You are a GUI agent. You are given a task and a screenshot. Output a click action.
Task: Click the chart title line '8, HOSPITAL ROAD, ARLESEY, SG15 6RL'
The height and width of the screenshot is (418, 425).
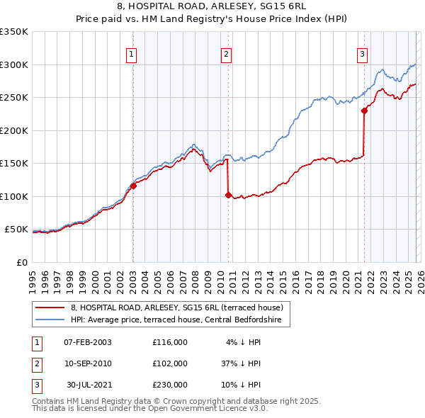pos(212,8)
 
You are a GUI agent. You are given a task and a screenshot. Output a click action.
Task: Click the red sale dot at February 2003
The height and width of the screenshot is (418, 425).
pos(133,186)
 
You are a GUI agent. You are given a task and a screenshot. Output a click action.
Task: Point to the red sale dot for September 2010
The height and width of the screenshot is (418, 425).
pos(228,195)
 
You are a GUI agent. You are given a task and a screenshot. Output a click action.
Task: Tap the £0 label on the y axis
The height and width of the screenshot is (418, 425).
pos(21,262)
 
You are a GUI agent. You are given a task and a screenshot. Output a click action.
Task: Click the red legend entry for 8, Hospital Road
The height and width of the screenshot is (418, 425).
pos(177,307)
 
